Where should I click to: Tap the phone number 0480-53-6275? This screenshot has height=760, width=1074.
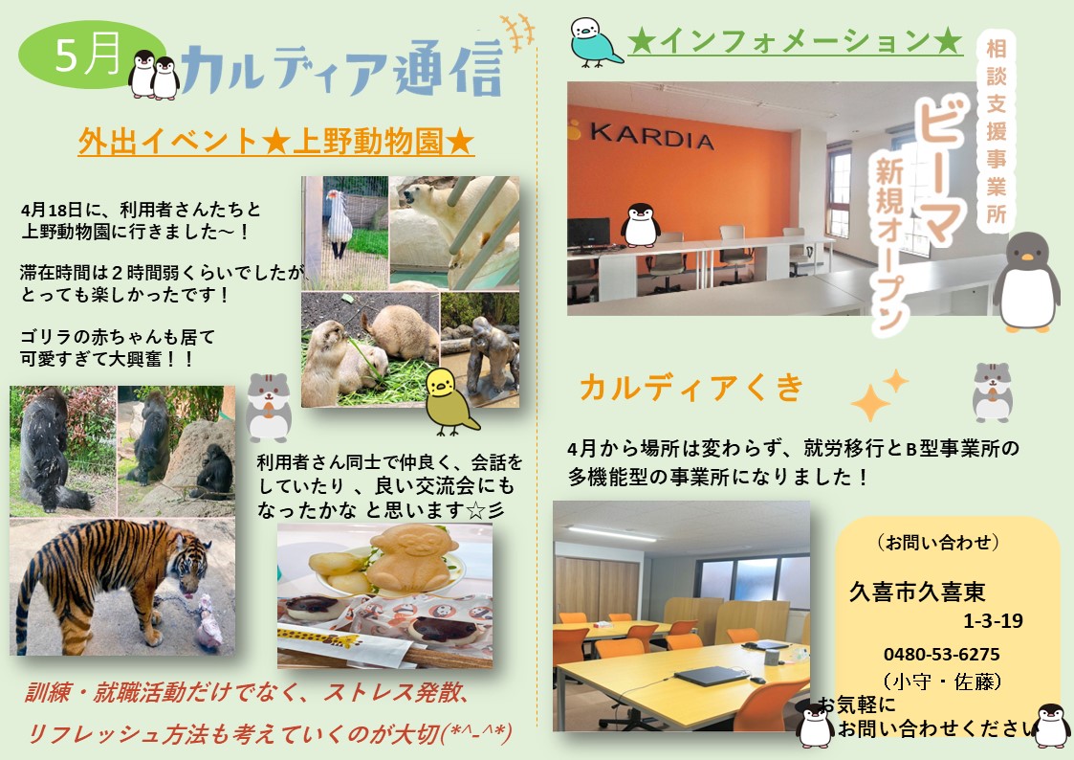point(941,655)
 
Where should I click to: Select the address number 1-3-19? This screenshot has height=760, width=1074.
point(993,621)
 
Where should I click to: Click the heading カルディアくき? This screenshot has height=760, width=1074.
point(691,388)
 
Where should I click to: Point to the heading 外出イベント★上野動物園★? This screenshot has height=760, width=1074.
point(276,142)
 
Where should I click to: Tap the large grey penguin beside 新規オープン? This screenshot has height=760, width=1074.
point(1026,281)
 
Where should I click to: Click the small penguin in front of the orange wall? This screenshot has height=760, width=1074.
point(640,225)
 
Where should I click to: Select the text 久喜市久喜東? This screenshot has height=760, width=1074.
point(917,592)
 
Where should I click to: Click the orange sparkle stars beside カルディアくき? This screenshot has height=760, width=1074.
point(879,394)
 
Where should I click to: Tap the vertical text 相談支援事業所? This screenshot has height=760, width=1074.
point(997,131)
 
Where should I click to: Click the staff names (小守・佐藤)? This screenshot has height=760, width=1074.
point(942,682)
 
